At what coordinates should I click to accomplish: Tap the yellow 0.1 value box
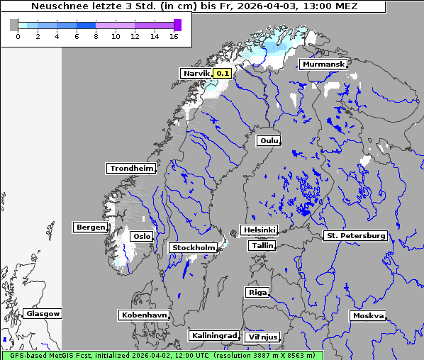tap(223, 73)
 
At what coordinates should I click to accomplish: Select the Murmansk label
tap(323, 64)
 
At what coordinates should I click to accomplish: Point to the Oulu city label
tap(269, 140)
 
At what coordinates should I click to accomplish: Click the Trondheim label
tap(131, 168)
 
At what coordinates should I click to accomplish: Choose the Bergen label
tap(90, 227)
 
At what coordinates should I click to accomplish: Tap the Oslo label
tap(142, 236)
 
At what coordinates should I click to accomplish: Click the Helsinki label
tap(259, 230)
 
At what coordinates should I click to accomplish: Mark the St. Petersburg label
tap(355, 235)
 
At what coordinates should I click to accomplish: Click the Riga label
tap(257, 292)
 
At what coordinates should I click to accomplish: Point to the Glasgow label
tap(43, 313)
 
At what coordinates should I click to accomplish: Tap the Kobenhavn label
tap(144, 315)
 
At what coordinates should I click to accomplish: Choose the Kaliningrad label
tap(213, 335)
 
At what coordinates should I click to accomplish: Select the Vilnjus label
tap(262, 337)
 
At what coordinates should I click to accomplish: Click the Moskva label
tap(368, 315)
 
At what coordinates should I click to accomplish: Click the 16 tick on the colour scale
tap(174, 36)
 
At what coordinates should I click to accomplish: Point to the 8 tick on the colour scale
tap(96, 36)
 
